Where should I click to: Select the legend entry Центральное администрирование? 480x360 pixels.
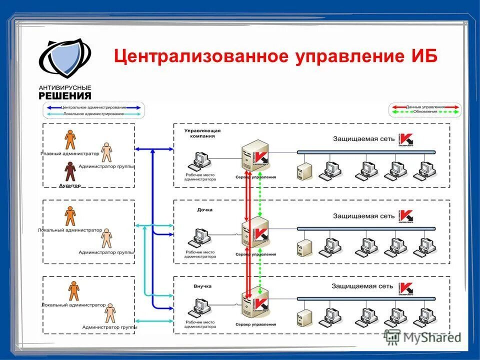click(93, 107)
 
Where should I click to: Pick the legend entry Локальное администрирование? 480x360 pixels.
click(93, 114)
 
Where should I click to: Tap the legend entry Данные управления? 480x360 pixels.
click(425, 107)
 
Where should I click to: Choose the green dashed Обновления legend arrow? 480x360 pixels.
click(425, 112)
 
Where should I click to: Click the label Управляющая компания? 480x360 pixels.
click(202, 132)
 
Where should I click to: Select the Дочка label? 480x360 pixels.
click(204, 209)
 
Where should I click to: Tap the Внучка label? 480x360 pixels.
click(202, 286)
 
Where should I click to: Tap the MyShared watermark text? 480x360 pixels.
click(430, 337)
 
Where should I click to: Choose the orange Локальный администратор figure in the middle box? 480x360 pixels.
click(70, 215)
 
